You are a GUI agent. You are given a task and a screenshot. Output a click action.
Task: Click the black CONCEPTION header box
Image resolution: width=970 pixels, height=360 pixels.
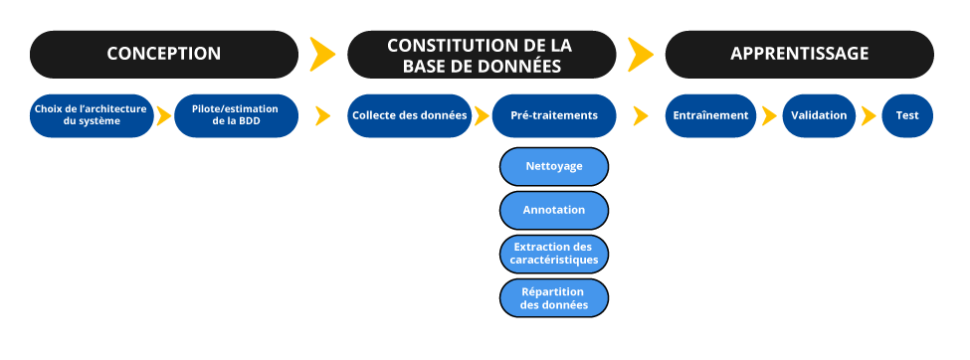click(x=164, y=54)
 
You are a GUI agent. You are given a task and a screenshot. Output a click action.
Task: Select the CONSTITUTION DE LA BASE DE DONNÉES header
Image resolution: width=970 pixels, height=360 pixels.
click(x=479, y=55)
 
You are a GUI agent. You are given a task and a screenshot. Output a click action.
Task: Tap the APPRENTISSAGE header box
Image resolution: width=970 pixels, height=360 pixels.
click(x=799, y=54)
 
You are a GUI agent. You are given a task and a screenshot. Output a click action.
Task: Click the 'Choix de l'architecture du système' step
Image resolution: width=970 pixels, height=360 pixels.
click(x=91, y=115)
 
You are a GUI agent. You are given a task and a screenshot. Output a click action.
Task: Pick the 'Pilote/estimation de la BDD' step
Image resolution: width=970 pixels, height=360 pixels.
click(x=235, y=115)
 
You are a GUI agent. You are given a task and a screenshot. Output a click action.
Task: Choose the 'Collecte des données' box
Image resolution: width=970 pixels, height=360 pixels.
click(x=410, y=115)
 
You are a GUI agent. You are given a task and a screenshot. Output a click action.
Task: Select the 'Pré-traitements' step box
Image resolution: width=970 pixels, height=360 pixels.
click(x=554, y=115)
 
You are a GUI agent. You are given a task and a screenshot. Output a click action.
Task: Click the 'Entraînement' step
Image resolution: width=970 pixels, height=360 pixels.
click(x=711, y=115)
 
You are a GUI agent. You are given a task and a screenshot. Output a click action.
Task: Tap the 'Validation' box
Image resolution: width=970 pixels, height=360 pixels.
click(x=819, y=115)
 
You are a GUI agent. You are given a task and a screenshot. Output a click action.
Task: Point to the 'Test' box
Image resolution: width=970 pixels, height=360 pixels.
click(x=906, y=115)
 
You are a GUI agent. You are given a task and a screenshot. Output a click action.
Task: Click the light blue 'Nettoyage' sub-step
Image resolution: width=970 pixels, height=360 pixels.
click(x=554, y=166)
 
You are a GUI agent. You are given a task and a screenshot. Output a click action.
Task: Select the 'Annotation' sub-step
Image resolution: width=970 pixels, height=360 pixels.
click(x=554, y=210)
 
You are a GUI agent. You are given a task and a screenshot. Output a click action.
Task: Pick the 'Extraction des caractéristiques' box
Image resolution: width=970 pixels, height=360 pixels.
click(x=554, y=254)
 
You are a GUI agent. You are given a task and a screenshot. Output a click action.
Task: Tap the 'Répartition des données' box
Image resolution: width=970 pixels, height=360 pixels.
click(x=554, y=297)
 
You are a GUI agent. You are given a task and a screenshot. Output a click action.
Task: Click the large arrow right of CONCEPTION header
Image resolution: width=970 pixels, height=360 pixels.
click(x=322, y=55)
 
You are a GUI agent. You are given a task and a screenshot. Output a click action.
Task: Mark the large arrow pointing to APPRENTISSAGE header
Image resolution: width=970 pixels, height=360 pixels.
click(x=641, y=55)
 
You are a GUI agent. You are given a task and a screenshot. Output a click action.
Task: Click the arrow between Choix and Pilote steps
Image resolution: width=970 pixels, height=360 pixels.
click(x=163, y=116)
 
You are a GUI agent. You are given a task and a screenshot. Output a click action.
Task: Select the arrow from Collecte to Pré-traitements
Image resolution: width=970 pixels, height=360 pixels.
click(x=482, y=116)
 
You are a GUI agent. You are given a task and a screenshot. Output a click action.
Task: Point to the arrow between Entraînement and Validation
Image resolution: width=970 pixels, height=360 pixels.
click(x=768, y=116)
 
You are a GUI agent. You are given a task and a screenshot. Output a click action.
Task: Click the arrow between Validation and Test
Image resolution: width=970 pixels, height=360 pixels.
click(x=869, y=116)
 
